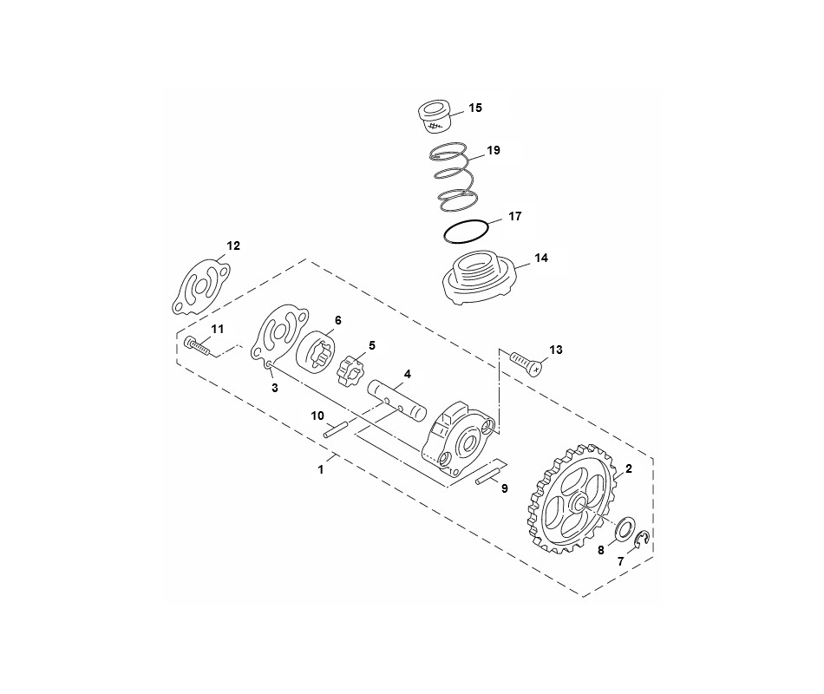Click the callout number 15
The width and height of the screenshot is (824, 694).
475,108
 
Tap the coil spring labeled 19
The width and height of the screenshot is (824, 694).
455,177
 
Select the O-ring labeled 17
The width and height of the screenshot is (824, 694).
466,232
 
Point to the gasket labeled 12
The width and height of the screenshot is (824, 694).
200,286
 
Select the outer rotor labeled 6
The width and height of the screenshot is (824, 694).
314,357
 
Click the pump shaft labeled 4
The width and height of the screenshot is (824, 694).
397,400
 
